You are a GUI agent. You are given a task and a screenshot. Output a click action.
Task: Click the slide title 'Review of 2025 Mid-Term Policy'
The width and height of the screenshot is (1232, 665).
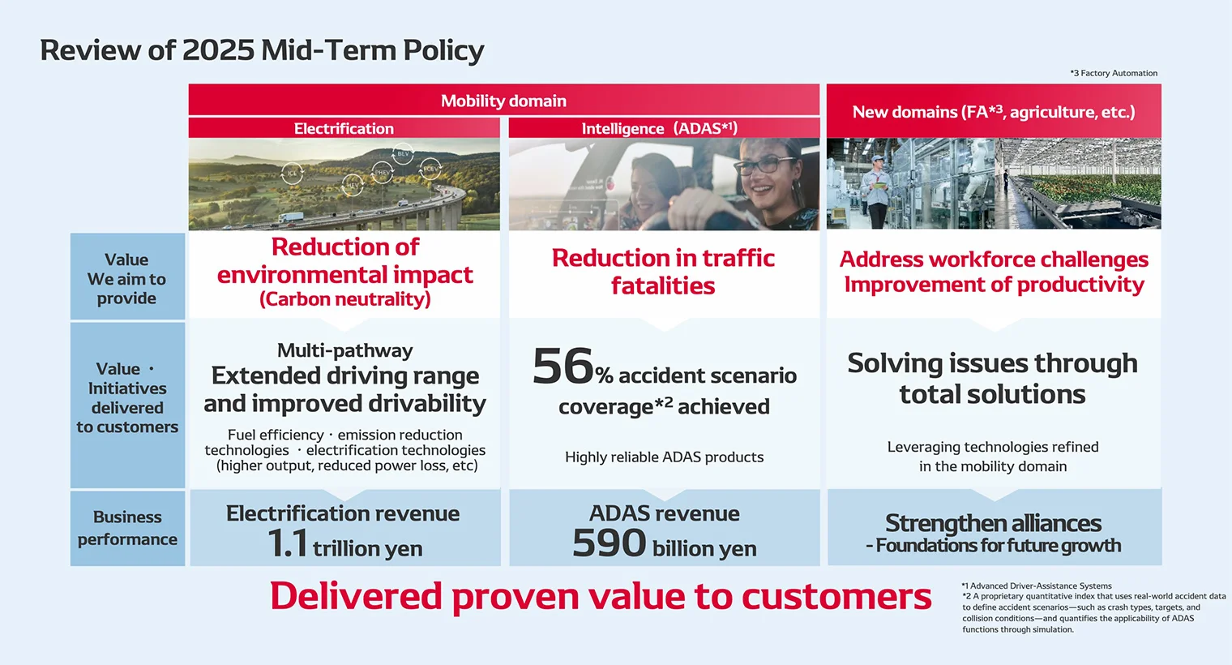pyautogui.click(x=262, y=50)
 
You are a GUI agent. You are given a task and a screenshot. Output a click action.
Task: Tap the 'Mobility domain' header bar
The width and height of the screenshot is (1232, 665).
pyautogui.click(x=503, y=101)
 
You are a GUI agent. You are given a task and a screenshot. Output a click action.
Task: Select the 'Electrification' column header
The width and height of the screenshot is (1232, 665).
pyautogui.click(x=344, y=128)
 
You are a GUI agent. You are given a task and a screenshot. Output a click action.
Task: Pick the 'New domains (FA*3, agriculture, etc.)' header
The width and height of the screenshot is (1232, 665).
pyautogui.click(x=993, y=112)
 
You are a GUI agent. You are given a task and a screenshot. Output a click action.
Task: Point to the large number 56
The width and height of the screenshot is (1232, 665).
pyautogui.click(x=563, y=367)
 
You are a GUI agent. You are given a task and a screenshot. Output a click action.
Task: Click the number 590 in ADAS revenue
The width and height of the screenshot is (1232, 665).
pyautogui.click(x=609, y=543)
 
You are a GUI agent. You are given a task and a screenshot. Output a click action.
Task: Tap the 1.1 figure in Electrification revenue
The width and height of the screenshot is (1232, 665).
pyautogui.click(x=287, y=543)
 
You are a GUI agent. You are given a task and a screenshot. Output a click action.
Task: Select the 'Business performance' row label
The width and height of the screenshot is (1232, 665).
pyautogui.click(x=127, y=528)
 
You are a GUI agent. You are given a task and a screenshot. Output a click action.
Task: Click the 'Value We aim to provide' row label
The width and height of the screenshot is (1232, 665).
pyautogui.click(x=126, y=279)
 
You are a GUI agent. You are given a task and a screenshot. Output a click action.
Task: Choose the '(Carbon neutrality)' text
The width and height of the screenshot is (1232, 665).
pyautogui.click(x=344, y=299)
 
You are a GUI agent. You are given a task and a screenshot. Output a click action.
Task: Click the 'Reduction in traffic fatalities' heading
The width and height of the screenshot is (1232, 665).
pyautogui.click(x=663, y=272)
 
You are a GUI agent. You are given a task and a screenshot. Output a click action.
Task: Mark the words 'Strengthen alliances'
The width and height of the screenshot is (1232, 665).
pyautogui.click(x=993, y=522)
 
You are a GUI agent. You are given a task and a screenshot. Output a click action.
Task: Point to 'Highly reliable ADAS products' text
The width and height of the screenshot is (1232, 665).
pyautogui.click(x=664, y=457)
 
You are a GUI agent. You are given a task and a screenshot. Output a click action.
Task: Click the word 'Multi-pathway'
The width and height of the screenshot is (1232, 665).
pyautogui.click(x=344, y=350)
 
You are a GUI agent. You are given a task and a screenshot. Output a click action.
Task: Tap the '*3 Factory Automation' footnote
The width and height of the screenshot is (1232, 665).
pyautogui.click(x=1114, y=73)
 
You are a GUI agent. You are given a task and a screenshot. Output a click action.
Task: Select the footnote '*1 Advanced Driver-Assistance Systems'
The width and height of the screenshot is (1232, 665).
pyautogui.click(x=1037, y=586)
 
